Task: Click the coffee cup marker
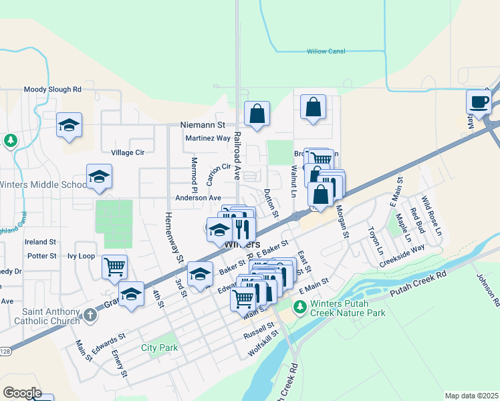479,102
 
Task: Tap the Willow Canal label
326,51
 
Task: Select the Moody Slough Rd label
52,89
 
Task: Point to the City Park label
160,348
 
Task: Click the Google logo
22,393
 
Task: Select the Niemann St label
203,125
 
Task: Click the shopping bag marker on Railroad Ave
257,114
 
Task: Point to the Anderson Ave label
198,198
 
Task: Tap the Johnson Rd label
487,289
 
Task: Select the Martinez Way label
207,138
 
